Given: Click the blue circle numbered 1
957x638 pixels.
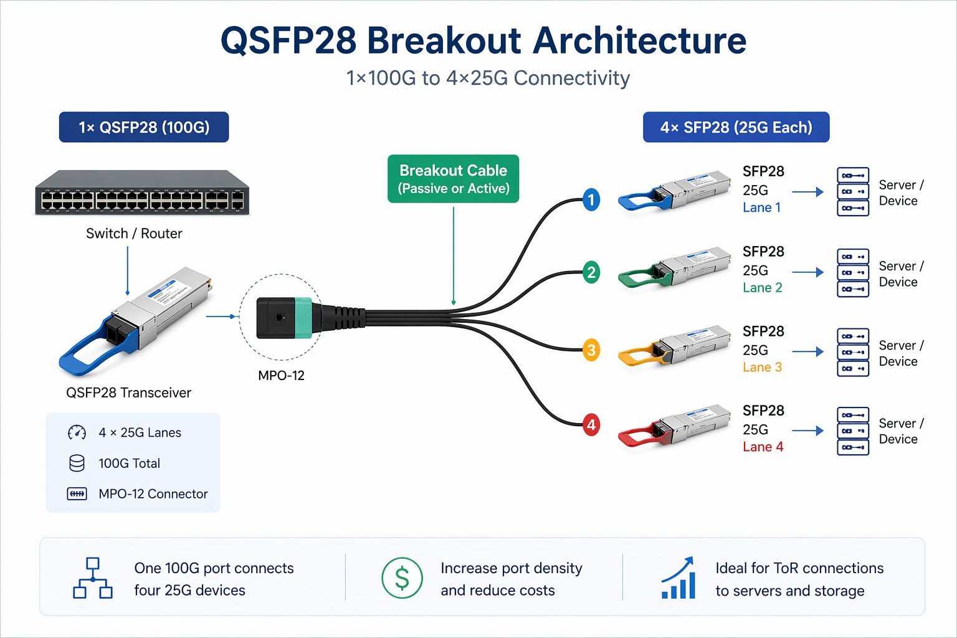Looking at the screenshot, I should tap(591, 200).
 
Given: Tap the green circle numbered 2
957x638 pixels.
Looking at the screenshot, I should tap(591, 272).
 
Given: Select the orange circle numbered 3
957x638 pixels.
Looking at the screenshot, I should tap(591, 350).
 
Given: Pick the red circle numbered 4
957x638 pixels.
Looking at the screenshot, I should tap(591, 425).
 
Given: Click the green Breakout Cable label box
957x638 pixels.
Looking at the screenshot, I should tap(453, 179).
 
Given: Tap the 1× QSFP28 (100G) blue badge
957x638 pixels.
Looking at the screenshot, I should tap(144, 127).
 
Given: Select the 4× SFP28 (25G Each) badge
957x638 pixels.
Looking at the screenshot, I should tap(736, 127).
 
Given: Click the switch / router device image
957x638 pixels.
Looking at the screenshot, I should tap(142, 193).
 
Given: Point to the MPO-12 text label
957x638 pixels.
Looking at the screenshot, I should tap(281, 376).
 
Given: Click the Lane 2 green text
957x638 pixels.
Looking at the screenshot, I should tap(762, 288).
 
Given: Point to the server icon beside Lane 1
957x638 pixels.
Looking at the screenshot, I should tap(852, 192).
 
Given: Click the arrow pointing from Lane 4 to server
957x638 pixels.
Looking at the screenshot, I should tap(807, 431).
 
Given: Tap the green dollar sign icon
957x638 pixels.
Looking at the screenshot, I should tap(402, 578).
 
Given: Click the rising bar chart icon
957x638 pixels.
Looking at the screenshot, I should tap(678, 578).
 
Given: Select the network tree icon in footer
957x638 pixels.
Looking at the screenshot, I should tap(93, 578).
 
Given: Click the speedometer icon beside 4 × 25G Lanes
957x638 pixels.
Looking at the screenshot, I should tap(77, 432).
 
